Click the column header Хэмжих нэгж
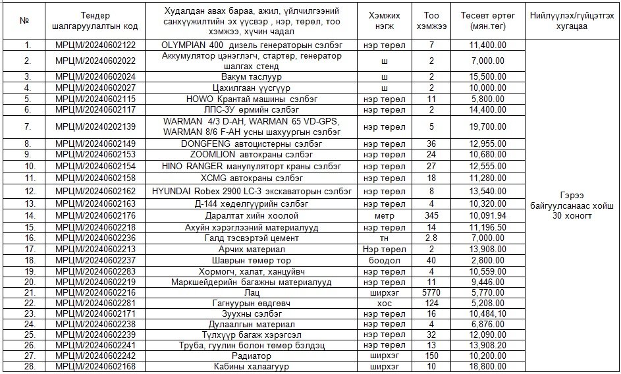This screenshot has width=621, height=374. (x=384, y=20)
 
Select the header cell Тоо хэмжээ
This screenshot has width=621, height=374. (x=431, y=20)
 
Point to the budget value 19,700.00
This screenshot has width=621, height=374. (x=487, y=126)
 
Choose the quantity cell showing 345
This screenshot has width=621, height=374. (x=431, y=215)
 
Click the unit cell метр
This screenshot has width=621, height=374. (x=384, y=215)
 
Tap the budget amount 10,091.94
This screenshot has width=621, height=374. (x=487, y=215)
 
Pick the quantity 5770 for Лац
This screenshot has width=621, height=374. (x=431, y=292)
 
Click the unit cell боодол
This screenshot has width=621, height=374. (x=384, y=260)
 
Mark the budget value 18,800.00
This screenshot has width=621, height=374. (x=487, y=366)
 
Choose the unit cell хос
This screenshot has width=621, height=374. (x=384, y=302)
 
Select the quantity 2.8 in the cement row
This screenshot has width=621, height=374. (x=431, y=238)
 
